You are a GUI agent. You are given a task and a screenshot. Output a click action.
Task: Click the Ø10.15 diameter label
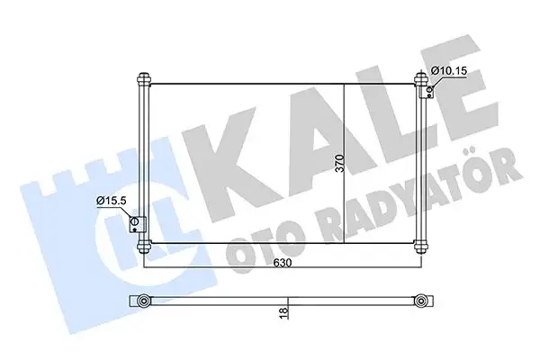point(448,69)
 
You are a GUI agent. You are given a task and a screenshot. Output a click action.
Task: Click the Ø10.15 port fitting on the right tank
point(430,88)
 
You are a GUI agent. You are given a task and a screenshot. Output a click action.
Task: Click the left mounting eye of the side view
point(143,300)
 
